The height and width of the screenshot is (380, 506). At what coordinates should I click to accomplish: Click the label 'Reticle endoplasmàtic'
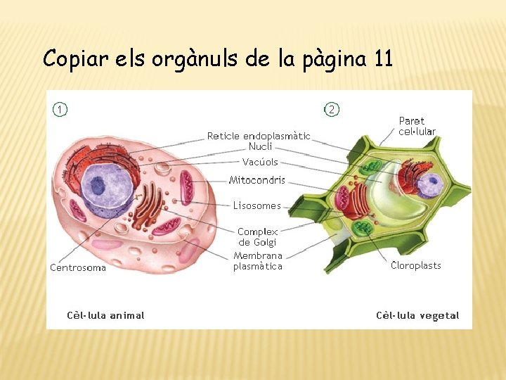tap(259, 136)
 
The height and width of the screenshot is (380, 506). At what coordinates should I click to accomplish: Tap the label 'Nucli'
tap(260, 146)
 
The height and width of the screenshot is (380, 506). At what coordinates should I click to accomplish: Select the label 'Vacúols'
tap(260, 162)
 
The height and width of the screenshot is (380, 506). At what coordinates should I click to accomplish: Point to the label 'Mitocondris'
tap(257, 180)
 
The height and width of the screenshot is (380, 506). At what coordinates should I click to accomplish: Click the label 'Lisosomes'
tap(257, 206)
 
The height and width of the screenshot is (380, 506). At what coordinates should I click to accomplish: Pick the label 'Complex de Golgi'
tap(258, 236)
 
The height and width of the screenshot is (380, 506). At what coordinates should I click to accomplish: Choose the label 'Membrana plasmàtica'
tap(258, 261)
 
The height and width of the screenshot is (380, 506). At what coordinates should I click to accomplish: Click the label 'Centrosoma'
tap(78, 267)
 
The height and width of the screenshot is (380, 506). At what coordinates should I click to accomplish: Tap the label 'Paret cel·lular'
tap(417, 126)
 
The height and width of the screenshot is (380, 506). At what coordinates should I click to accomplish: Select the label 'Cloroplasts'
tap(416, 265)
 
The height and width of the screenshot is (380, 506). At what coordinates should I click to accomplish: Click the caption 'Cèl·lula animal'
tap(105, 315)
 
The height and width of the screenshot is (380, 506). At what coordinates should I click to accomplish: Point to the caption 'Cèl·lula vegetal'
tap(417, 315)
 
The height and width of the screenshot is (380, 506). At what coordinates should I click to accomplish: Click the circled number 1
tap(61, 109)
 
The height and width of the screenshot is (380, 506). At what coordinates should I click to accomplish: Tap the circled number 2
tap(332, 109)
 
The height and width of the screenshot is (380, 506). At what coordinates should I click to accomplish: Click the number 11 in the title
tap(384, 58)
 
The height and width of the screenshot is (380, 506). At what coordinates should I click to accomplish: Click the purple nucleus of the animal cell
tap(105, 185)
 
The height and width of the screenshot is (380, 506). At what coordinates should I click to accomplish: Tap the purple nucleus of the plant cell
tap(428, 186)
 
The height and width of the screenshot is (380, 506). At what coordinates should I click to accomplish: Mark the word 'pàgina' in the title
tap(334, 59)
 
